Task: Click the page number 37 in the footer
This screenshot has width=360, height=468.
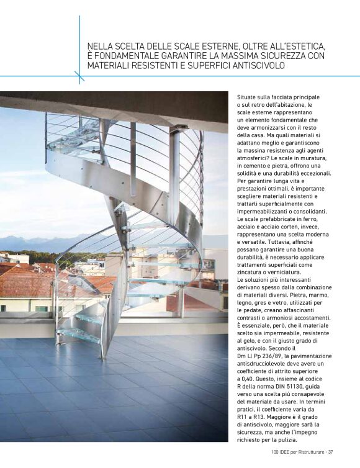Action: click(331, 451)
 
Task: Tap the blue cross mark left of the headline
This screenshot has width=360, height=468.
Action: click(79, 76)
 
